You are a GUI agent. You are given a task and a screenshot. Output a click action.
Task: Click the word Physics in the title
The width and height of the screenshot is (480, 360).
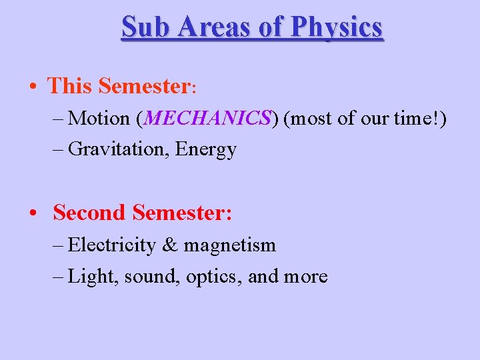pos(337,27)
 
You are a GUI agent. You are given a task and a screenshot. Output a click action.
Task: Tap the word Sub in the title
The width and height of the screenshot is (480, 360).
pos(141,27)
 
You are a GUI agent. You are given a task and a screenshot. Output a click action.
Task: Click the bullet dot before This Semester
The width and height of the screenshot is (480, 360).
pos(33,87)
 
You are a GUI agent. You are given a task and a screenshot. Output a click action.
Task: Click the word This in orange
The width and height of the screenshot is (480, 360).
pos(71,86)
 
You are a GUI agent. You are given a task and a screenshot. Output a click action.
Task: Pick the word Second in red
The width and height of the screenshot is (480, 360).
pos(89,213)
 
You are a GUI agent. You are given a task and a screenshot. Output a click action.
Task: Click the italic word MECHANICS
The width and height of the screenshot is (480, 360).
pos(207,118)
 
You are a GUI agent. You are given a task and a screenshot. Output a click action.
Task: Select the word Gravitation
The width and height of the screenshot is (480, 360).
pos(118,149)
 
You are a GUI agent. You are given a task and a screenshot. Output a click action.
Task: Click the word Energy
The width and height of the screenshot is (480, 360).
pos(205,149)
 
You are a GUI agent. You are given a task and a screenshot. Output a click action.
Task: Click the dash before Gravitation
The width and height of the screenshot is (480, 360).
pos(57,149)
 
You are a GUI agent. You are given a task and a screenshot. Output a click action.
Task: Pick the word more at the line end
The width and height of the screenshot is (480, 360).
pos(306,276)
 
